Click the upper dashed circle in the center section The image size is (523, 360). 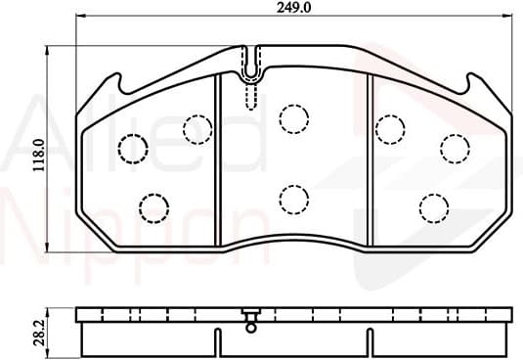point(293,119)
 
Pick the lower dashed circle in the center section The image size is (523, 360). point(293,200)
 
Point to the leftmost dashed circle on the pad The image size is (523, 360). point(132,149)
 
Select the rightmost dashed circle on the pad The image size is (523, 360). point(455,148)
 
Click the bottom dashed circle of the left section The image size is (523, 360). point(153,207)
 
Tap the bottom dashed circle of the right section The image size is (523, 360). point(434,207)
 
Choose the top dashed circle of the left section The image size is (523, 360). point(197,128)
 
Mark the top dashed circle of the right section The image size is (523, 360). point(389,128)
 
